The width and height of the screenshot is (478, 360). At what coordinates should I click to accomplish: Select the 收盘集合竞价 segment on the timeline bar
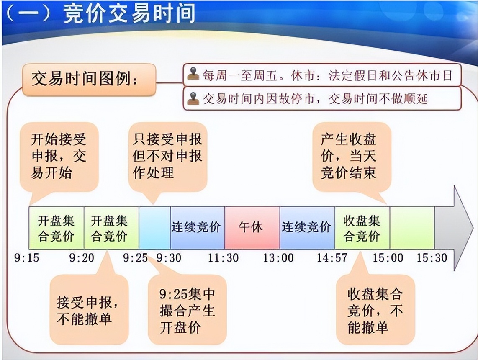[x=362, y=228]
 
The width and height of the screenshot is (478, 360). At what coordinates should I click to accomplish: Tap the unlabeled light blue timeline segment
[x=154, y=228]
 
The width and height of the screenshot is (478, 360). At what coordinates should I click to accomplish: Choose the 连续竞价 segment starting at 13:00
[x=307, y=228]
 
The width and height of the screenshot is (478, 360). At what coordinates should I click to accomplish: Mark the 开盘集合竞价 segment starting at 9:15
[x=57, y=228]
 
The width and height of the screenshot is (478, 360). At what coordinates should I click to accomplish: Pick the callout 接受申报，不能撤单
[x=88, y=310]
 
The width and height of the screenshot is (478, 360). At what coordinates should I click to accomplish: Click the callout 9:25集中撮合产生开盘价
[x=187, y=310]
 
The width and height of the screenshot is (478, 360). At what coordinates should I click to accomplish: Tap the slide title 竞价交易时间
[x=130, y=14]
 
